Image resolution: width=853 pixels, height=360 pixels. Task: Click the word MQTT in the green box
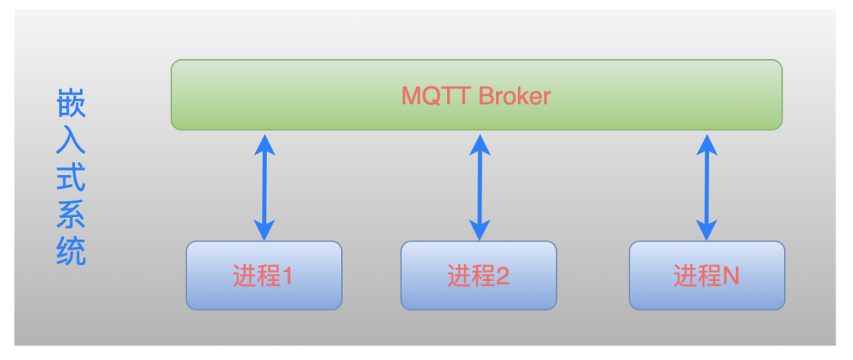[x=437, y=96]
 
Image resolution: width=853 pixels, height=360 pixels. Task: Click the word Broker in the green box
[x=515, y=96]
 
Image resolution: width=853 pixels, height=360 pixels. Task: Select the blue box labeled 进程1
[x=264, y=276]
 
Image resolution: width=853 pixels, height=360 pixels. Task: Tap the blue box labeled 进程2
[x=479, y=276]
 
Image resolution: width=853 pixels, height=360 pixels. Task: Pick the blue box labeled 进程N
[x=707, y=276]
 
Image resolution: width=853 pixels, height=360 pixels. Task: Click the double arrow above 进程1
[x=265, y=187]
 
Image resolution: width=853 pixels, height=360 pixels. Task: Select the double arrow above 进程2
[x=480, y=187]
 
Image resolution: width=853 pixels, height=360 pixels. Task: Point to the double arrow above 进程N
[x=707, y=187]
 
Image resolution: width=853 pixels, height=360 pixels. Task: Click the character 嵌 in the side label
[x=71, y=105]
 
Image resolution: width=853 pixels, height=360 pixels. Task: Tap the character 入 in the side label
[x=71, y=141]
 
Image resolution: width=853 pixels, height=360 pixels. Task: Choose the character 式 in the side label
[x=71, y=178]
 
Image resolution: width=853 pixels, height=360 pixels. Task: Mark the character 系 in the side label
[x=71, y=214]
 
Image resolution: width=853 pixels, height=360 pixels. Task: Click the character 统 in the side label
[x=71, y=251]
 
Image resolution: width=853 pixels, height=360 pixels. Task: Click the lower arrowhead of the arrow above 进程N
[x=707, y=230]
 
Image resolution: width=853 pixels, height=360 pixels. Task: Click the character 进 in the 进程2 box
[x=459, y=276]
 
